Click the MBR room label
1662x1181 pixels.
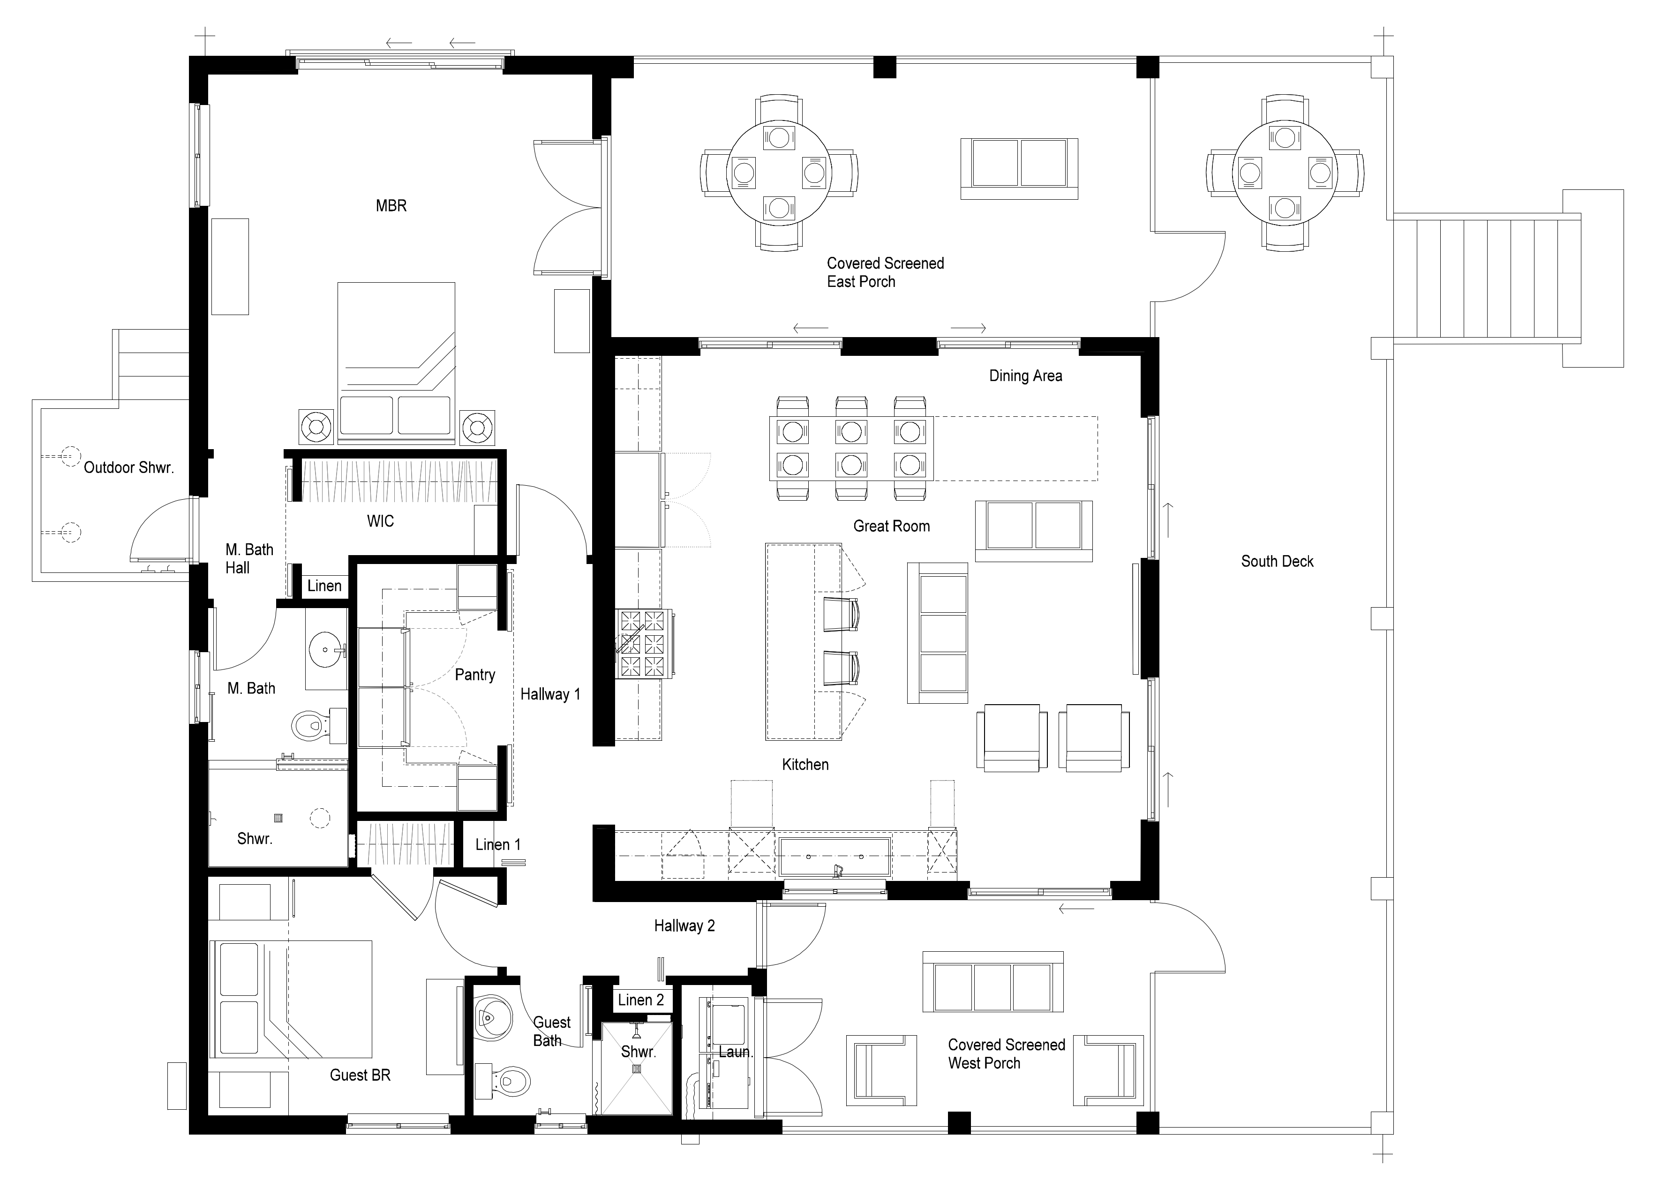(391, 206)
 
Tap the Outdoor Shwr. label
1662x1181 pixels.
(128, 467)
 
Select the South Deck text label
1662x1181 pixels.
(1278, 561)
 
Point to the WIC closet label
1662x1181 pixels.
(380, 521)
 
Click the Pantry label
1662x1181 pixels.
(475, 675)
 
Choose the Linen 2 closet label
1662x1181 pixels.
(640, 1000)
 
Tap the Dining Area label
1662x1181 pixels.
(1025, 376)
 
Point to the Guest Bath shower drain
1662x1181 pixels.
(638, 1068)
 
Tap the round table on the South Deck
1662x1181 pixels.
(1285, 173)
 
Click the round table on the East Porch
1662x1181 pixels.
(779, 173)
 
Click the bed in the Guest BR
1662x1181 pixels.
(291, 1000)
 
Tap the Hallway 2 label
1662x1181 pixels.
(684, 926)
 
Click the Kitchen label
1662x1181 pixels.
(805, 764)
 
